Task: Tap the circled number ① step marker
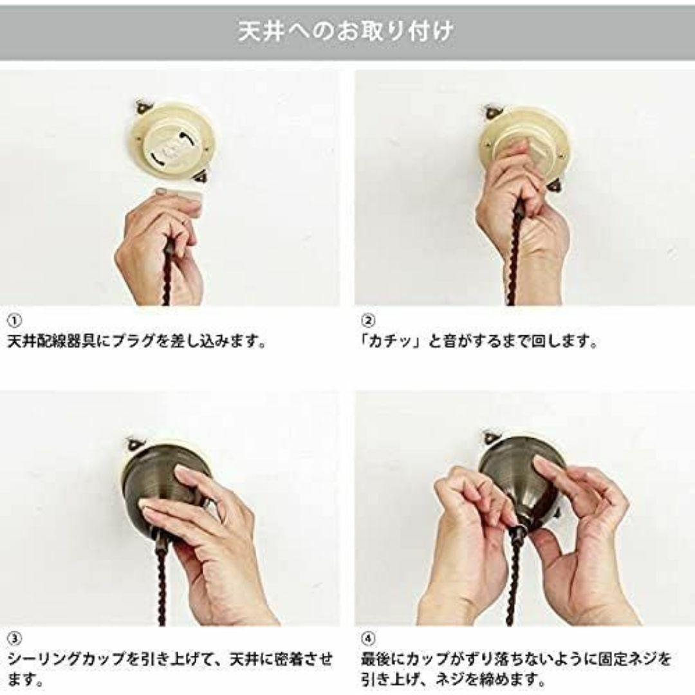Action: (14, 320)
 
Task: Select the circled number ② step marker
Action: (368, 320)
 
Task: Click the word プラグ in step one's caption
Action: (131, 341)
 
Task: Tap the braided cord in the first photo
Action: (167, 277)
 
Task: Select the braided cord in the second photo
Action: (514, 257)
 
